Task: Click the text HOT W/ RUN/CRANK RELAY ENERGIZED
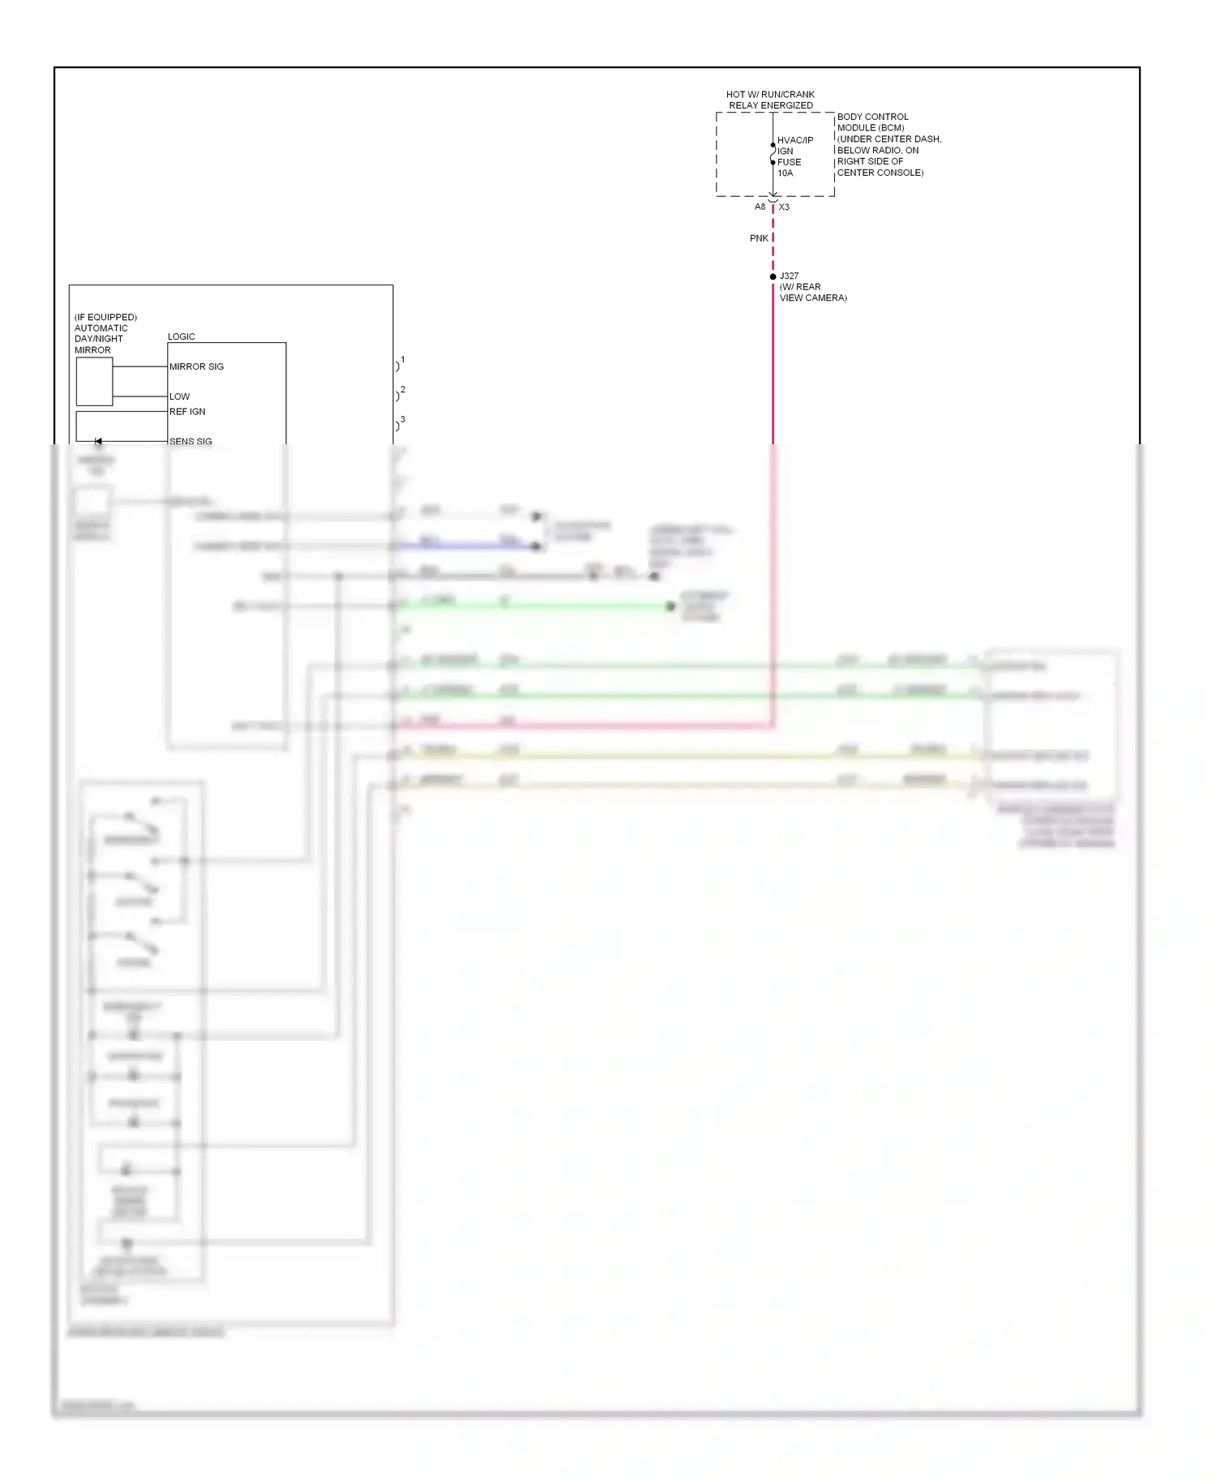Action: (x=770, y=100)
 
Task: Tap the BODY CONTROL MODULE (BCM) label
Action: (x=872, y=122)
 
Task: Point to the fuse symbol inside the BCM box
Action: (x=773, y=154)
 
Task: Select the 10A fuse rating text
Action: (x=785, y=173)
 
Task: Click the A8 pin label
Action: (x=760, y=207)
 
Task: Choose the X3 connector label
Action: (x=784, y=207)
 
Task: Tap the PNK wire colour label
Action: (x=759, y=238)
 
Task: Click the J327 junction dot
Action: (x=773, y=276)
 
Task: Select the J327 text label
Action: (x=789, y=276)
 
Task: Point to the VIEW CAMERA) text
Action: (x=813, y=298)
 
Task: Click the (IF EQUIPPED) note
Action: (x=105, y=317)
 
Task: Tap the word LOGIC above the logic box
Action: (x=182, y=336)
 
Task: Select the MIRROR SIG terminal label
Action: (x=196, y=366)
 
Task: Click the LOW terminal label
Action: (x=179, y=396)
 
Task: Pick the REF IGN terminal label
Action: (x=187, y=411)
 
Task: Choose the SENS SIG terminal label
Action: (x=191, y=441)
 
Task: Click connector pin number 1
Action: (x=402, y=359)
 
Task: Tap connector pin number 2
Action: (x=402, y=389)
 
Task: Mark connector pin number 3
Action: (x=402, y=419)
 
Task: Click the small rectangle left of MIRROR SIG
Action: (x=94, y=381)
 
